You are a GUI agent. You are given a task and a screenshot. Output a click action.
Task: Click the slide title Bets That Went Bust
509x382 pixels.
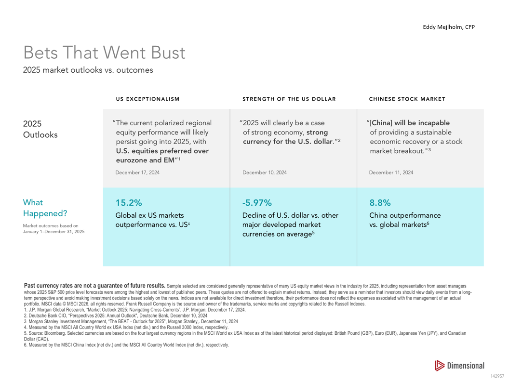[x=104, y=53]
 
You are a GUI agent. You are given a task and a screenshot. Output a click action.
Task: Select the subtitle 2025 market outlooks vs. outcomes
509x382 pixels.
[x=88, y=70]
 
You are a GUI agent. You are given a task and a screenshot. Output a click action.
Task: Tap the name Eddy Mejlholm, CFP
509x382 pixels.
[x=449, y=27]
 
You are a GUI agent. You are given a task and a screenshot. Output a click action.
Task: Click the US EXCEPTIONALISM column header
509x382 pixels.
[x=147, y=99]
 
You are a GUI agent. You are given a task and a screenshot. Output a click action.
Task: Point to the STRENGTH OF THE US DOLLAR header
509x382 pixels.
[x=289, y=99]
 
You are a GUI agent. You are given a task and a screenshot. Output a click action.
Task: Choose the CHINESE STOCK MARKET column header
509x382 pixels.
[x=407, y=99]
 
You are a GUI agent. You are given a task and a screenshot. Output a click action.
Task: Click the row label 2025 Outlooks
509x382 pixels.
[x=40, y=129]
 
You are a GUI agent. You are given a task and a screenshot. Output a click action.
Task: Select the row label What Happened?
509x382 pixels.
[x=45, y=208]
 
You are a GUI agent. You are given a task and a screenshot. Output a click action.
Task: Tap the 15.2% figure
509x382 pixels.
[x=129, y=203]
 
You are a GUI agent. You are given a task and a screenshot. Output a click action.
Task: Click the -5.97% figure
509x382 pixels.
[x=257, y=203]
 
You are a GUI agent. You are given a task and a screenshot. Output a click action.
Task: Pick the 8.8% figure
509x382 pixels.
[x=380, y=203]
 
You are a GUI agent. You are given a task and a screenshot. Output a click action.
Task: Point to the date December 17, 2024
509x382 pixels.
[x=137, y=172]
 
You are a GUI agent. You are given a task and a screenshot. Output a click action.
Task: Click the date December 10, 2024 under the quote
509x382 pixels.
[x=265, y=172]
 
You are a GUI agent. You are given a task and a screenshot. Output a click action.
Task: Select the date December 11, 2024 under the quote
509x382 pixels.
[x=391, y=172]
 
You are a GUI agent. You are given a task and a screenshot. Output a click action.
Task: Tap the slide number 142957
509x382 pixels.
[x=497, y=376]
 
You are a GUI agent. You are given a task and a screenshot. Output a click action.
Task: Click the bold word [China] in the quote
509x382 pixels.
[x=381, y=123]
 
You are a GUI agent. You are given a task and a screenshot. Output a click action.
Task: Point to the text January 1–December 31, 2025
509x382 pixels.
[x=54, y=232]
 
